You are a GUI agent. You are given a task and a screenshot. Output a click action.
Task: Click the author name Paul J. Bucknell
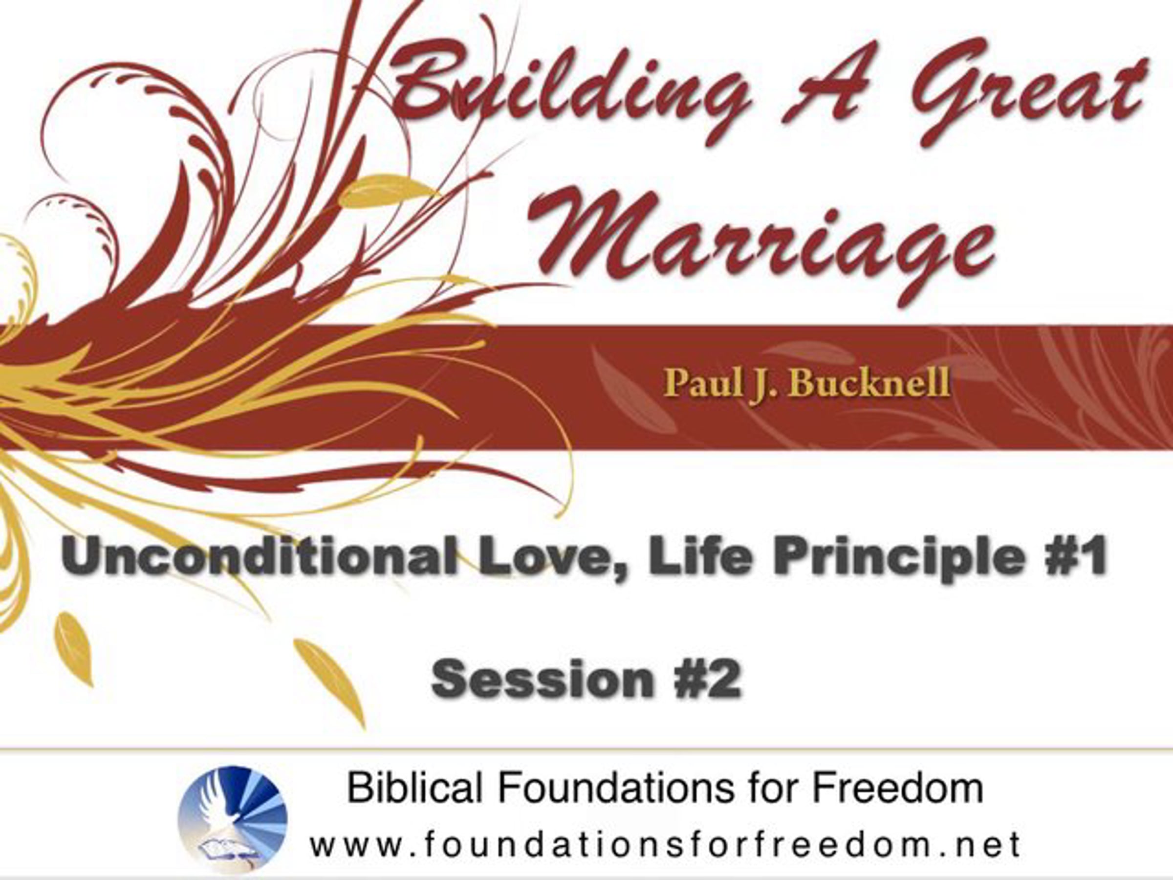[806, 383]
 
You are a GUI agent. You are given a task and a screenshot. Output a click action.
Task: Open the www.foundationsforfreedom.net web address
[666, 844]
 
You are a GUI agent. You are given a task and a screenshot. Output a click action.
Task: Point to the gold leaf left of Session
[329, 682]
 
